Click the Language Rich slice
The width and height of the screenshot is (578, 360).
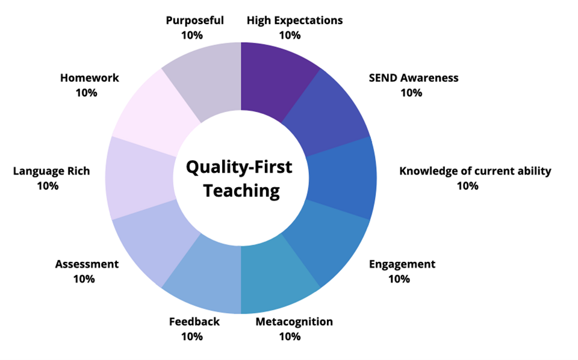point(137,178)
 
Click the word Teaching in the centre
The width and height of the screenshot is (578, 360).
point(241,191)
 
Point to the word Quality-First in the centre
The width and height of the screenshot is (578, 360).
point(239,166)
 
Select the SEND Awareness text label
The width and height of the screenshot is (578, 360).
point(413,78)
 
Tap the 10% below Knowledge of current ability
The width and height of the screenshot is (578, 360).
point(467,185)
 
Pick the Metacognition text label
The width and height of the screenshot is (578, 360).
point(294,321)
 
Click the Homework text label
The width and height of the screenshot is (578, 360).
point(89,78)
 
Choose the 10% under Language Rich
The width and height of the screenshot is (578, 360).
point(48,185)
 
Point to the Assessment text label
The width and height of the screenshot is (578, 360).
point(87,264)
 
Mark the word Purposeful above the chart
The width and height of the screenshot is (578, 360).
point(194,20)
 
